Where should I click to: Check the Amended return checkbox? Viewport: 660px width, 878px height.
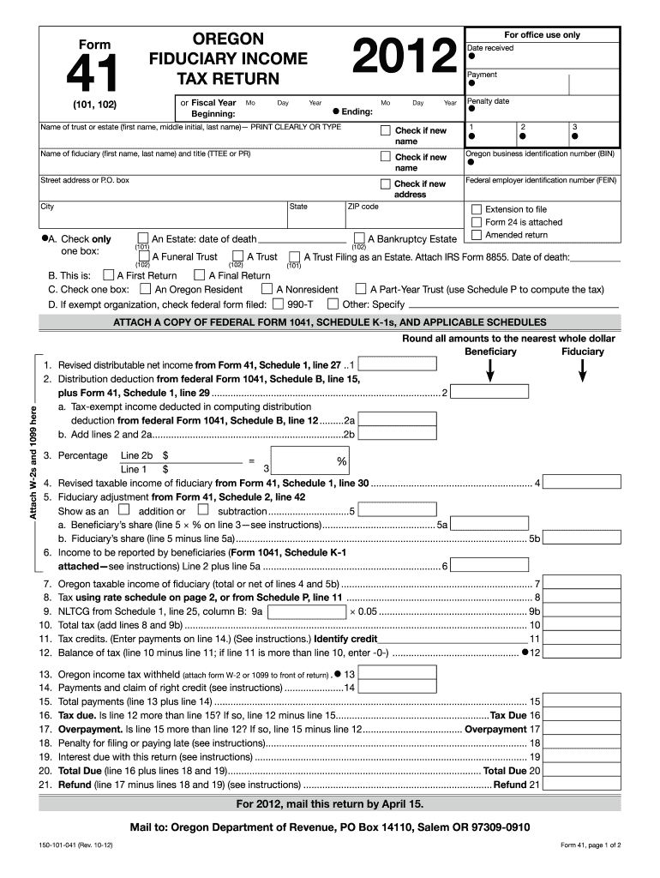[477, 235]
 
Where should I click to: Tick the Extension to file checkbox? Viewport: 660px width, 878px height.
[477, 209]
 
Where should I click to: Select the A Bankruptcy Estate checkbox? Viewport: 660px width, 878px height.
[360, 239]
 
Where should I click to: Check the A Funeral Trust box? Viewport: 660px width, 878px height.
[144, 256]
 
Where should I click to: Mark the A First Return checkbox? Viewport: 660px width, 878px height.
[108, 275]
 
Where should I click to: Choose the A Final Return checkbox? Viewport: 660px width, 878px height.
[199, 275]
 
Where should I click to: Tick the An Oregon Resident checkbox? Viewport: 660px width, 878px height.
[146, 290]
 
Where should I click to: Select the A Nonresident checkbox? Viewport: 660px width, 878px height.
[267, 290]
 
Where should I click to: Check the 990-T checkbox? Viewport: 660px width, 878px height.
[279, 304]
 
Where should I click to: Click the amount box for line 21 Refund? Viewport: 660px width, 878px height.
[582, 784]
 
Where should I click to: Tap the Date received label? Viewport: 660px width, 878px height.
[490, 48]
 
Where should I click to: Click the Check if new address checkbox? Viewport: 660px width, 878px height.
[386, 184]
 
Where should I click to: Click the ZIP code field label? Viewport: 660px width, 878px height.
[363, 207]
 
